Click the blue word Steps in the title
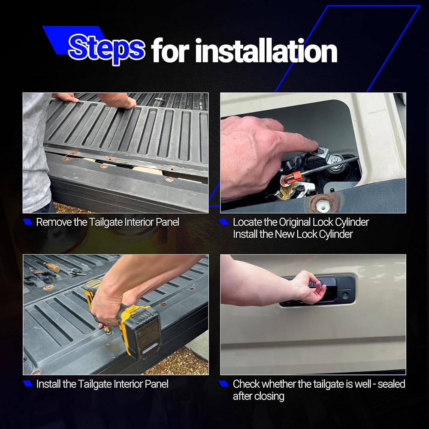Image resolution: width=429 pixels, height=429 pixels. pos(106,49)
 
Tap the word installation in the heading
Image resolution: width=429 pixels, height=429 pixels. pos(266,51)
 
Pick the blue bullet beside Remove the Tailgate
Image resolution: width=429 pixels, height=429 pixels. pos(28,222)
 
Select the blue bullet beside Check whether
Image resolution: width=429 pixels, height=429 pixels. pos(224,384)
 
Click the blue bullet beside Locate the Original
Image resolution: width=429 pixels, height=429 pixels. pos(224,222)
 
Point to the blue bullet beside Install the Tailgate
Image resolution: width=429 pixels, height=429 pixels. pos(28,384)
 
